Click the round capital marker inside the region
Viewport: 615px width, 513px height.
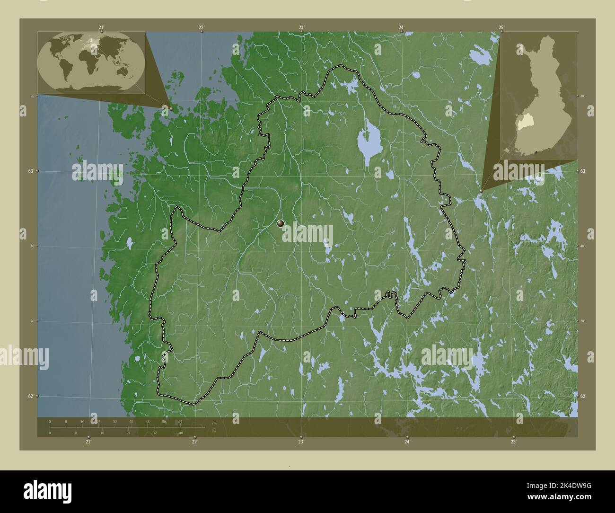(x=281, y=223)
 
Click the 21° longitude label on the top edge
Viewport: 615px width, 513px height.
(x=101, y=27)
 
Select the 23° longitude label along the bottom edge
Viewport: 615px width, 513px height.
(x=300, y=442)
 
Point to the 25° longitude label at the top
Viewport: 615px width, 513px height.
(x=501, y=27)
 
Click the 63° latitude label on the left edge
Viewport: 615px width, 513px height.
(x=30, y=171)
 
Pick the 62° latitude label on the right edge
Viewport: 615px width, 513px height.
(x=583, y=396)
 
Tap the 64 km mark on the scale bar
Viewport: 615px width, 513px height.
(x=180, y=421)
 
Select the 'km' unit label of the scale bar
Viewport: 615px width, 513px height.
(x=214, y=424)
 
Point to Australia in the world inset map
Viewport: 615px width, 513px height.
(x=124, y=71)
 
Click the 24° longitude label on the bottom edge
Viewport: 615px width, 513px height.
(x=407, y=442)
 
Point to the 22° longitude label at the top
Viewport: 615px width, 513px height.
(x=202, y=27)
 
